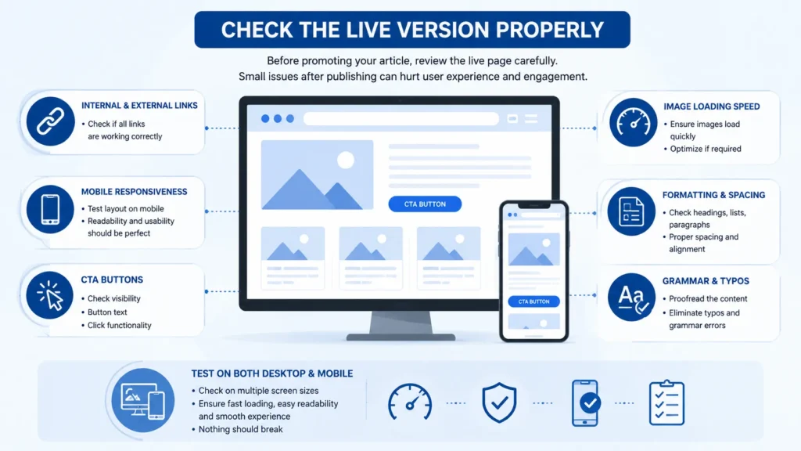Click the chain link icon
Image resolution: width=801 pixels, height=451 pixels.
tap(50, 121)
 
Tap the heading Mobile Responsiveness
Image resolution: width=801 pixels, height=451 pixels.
tap(134, 192)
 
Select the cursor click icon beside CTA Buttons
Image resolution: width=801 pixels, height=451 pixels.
tap(50, 295)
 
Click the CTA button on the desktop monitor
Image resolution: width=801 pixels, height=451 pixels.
tap(425, 204)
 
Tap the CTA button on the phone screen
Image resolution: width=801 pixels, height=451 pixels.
tap(533, 301)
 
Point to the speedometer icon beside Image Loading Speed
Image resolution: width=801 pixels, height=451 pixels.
tap(633, 123)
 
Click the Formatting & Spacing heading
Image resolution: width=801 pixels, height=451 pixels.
tap(713, 195)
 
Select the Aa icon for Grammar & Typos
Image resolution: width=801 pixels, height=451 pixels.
tap(632, 298)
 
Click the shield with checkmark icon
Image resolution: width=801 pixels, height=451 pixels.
tap(499, 402)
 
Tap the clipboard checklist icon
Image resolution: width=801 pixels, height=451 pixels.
tap(666, 402)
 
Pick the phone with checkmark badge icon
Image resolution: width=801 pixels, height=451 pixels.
tap(586, 402)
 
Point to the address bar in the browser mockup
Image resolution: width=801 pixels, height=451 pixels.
tap(401, 119)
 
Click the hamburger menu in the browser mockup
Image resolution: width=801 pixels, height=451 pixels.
tap(531, 119)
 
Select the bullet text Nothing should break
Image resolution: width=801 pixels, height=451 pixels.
tap(241, 430)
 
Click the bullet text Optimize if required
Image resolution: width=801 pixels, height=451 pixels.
tap(706, 149)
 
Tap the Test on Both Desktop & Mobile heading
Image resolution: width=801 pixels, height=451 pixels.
tap(271, 373)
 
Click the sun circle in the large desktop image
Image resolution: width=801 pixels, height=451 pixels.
tap(346, 160)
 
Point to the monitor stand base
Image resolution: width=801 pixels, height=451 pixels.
tap(401, 337)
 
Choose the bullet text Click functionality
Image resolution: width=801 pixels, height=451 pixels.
tap(119, 325)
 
